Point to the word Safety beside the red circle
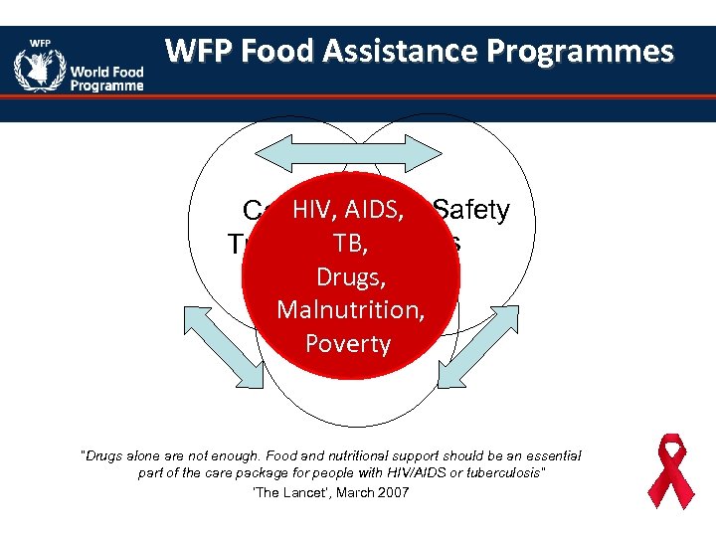(471, 210)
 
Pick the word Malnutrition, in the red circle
(351, 309)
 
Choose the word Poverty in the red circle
(348, 343)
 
